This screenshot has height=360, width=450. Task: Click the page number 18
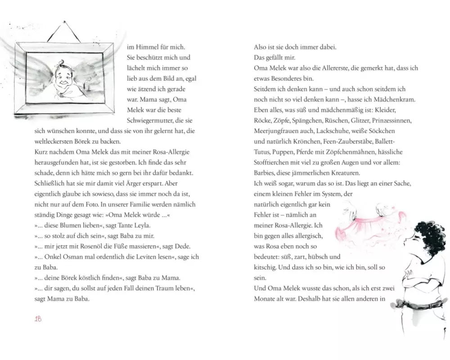(x=38, y=319)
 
